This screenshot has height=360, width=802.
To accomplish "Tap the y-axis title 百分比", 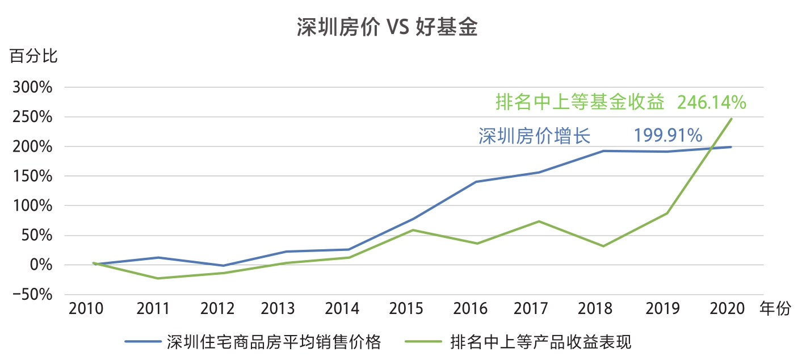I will (x=33, y=57).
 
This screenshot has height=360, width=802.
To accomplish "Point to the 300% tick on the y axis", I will (x=36, y=88).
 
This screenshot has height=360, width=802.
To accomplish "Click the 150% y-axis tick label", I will (x=36, y=177).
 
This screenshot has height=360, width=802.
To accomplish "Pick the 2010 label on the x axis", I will (x=86, y=309).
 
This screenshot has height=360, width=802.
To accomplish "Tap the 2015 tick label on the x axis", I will (x=406, y=309).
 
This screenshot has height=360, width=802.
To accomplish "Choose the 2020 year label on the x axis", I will (x=727, y=309).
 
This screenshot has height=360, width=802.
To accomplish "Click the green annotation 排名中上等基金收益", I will (x=580, y=103).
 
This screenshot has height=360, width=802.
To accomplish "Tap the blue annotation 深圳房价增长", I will (x=535, y=136).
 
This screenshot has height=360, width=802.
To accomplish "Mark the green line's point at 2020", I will (x=732, y=119).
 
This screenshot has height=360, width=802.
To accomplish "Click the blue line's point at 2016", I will (x=476, y=182).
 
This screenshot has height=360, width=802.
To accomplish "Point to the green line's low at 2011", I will (x=157, y=278).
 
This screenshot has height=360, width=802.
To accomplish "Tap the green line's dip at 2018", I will (x=603, y=246).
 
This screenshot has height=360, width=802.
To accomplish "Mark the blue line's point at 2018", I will (x=603, y=151).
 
